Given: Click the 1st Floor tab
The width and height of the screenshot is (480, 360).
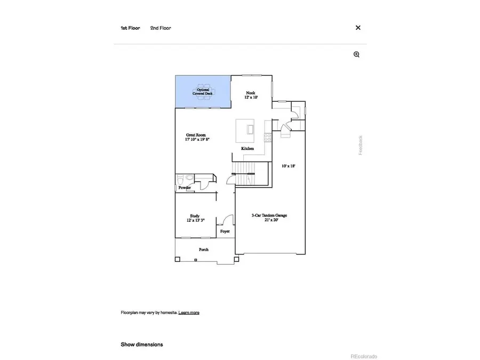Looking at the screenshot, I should click(x=130, y=28).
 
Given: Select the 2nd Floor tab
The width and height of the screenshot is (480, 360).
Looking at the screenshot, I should click(x=161, y=28).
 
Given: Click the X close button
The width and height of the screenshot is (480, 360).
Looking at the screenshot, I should click(x=358, y=28).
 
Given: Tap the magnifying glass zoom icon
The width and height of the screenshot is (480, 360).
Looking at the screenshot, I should click(x=357, y=54).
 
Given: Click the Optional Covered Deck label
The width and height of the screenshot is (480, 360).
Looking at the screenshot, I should click(x=203, y=92).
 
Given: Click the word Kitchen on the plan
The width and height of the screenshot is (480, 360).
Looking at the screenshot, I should click(x=247, y=148).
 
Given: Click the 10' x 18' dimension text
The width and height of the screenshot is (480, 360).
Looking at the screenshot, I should click(x=289, y=166).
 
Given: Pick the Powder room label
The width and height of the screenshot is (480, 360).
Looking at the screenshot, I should click(x=185, y=188).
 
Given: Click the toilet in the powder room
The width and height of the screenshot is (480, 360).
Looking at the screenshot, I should click(x=181, y=179).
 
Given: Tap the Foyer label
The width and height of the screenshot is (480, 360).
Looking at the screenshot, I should click(x=225, y=231).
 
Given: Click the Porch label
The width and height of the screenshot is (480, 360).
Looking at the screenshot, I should click(x=204, y=250).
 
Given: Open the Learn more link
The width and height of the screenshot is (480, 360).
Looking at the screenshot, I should click(x=189, y=313).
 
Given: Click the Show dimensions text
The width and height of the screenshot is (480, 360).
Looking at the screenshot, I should click(x=142, y=345).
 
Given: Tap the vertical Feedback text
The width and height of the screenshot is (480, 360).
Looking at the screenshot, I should click(x=361, y=145).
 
